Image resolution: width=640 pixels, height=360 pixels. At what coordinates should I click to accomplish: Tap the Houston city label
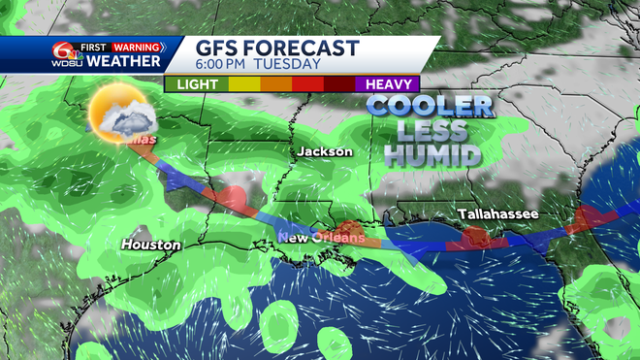pos(150,245)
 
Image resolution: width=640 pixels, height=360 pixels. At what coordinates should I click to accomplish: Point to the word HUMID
pos(432,152)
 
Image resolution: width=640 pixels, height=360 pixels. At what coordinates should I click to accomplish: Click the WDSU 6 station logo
pos(66,54)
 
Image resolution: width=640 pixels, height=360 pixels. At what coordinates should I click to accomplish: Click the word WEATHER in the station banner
pos(124,61)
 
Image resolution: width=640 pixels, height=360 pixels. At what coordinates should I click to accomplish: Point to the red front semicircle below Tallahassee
pos(475,236)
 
